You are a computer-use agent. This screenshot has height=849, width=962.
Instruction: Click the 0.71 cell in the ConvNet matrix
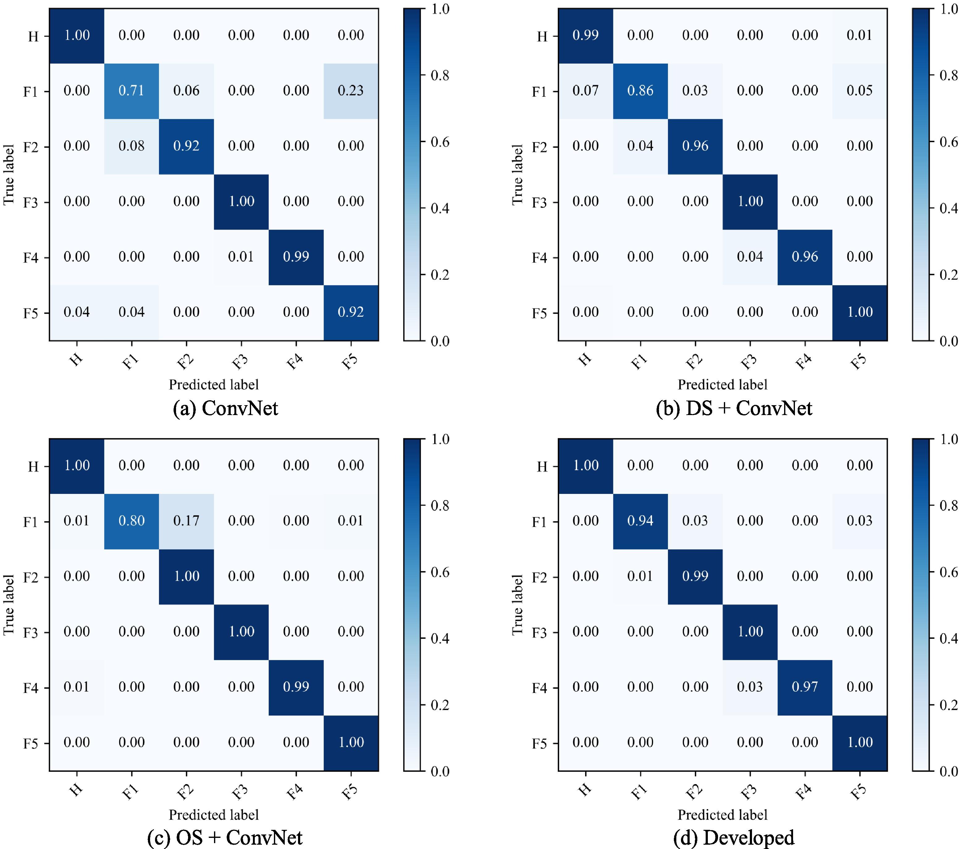pyautogui.click(x=131, y=91)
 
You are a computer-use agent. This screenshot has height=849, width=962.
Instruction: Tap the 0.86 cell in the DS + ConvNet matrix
pyautogui.click(x=640, y=91)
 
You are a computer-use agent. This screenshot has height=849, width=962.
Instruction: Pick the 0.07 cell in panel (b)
pyautogui.click(x=586, y=91)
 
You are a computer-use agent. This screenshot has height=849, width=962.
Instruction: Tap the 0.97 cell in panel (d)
pyautogui.click(x=805, y=687)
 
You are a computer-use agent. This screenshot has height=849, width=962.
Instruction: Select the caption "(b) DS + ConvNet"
pyautogui.click(x=734, y=408)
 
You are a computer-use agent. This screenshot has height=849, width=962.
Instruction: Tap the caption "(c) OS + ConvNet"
pyautogui.click(x=225, y=838)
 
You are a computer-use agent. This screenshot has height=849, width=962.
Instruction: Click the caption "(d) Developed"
pyautogui.click(x=734, y=838)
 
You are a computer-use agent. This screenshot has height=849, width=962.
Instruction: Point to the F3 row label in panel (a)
pyautogui.click(x=31, y=202)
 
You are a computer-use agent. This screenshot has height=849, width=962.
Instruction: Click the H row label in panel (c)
pyautogui.click(x=33, y=467)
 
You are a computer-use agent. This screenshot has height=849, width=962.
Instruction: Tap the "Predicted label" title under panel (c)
pyautogui.click(x=214, y=815)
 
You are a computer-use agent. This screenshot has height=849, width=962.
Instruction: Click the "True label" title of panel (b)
pyautogui.click(x=517, y=175)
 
